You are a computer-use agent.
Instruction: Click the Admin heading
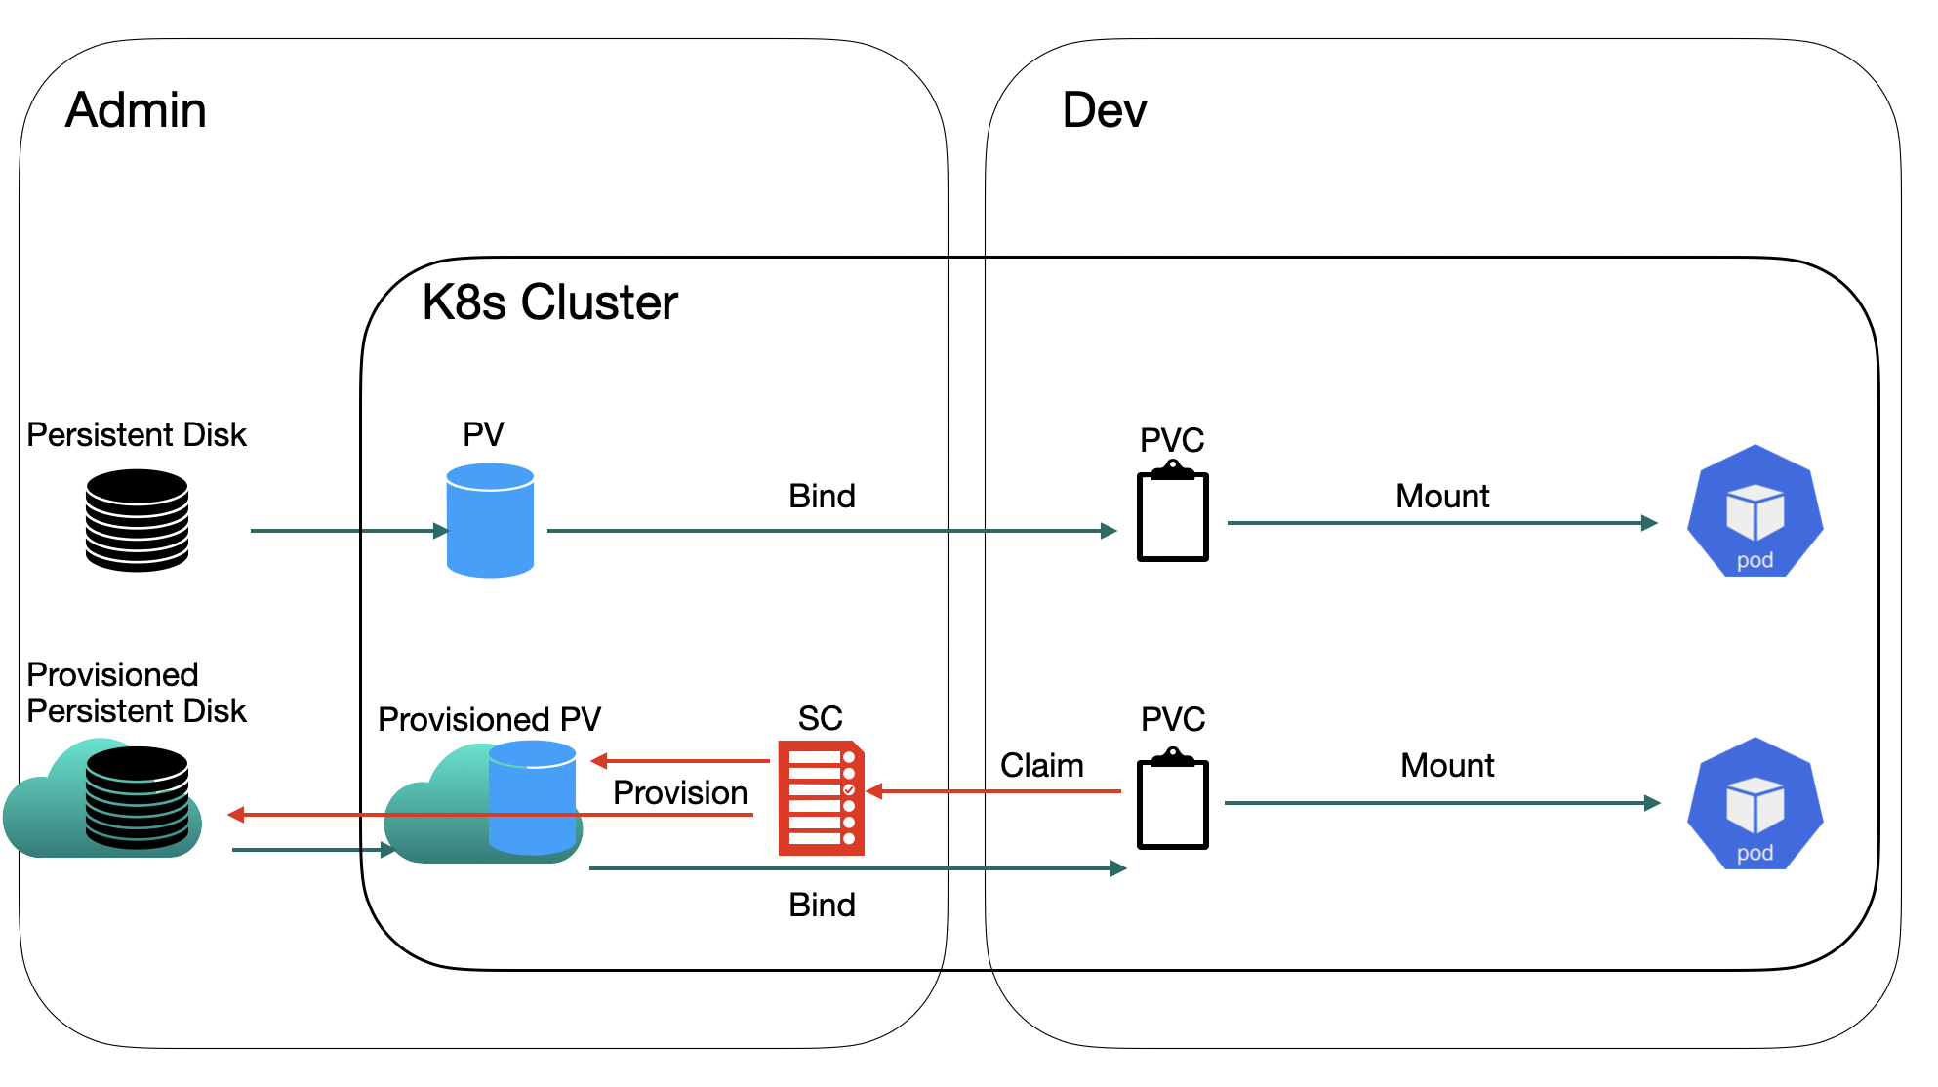(136, 109)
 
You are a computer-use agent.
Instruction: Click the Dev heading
(1104, 109)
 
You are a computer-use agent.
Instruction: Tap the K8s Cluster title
(549, 302)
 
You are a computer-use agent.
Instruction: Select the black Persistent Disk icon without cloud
(137, 520)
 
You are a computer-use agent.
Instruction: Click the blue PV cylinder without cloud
(490, 520)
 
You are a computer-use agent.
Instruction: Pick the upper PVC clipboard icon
(1172, 513)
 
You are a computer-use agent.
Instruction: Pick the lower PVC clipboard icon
(1172, 800)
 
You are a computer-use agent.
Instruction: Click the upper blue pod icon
(1755, 511)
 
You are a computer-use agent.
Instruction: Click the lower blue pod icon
(1755, 803)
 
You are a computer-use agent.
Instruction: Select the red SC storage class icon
(821, 798)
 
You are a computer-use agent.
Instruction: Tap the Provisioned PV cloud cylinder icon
(485, 802)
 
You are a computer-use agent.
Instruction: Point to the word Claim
(1041, 766)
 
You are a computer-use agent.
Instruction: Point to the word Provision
(680, 792)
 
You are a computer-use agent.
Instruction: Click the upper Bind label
(822, 496)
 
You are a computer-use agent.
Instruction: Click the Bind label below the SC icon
(822, 905)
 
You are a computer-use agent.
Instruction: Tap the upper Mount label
(1442, 496)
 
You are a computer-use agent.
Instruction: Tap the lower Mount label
(1447, 765)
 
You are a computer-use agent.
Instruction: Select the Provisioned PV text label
(489, 719)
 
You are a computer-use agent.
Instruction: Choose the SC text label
(820, 718)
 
